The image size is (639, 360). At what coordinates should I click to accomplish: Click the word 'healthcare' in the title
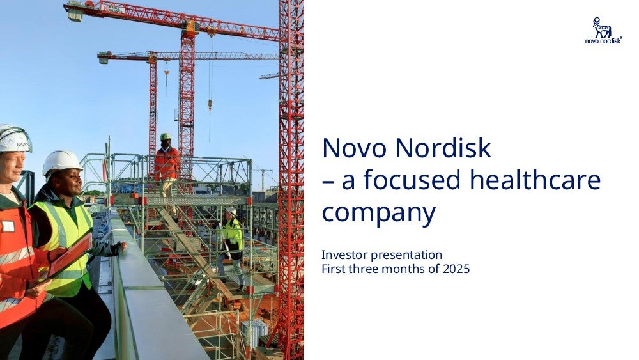(x=535, y=180)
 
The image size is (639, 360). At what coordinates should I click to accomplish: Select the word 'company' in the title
(x=378, y=214)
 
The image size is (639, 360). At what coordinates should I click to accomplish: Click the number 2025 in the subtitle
(x=456, y=269)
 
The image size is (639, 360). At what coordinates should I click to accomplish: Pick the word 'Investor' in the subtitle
(x=344, y=254)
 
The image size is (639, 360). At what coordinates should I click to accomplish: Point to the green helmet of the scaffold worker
(x=165, y=137)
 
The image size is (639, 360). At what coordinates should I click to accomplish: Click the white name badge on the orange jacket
(x=8, y=226)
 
